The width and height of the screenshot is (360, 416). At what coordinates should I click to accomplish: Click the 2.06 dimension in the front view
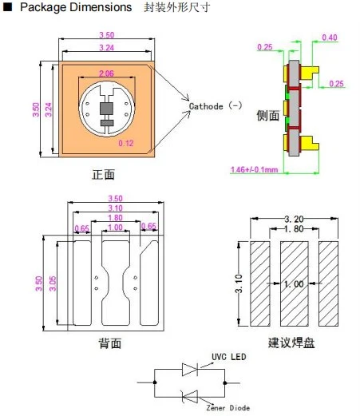(x=106, y=73)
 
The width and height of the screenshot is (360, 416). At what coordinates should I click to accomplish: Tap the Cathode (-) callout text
(x=216, y=106)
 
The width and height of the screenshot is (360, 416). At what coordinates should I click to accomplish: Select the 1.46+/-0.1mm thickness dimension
(x=254, y=169)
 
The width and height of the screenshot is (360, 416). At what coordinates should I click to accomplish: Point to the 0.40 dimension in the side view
(x=330, y=38)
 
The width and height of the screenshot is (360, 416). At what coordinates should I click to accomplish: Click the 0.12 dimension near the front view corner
(x=126, y=143)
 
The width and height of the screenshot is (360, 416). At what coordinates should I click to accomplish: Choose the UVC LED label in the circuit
(x=229, y=357)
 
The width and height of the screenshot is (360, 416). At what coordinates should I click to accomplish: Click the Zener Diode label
(x=228, y=408)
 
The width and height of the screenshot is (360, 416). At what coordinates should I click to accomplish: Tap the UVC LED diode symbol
(x=190, y=370)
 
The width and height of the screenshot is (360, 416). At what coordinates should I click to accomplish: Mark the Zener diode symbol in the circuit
(x=190, y=397)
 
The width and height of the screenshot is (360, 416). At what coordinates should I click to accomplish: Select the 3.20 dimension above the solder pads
(x=294, y=219)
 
